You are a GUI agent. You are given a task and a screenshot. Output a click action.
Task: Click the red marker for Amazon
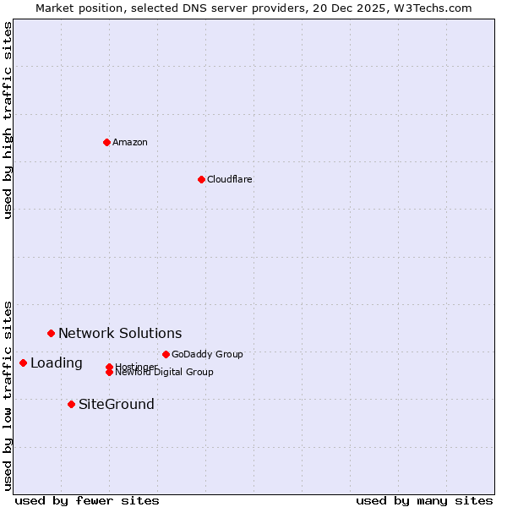click(106, 142)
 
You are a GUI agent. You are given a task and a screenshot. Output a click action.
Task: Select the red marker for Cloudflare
click(201, 179)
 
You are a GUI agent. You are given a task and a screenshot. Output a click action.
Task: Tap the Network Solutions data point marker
click(51, 333)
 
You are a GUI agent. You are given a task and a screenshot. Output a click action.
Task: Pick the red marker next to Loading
click(23, 363)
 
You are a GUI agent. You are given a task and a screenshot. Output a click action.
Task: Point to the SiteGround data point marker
click(71, 404)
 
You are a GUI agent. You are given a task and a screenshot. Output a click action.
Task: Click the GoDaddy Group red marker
click(166, 354)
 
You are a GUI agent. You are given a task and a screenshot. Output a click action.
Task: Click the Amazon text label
click(130, 142)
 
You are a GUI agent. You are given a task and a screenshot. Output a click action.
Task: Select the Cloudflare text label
click(230, 179)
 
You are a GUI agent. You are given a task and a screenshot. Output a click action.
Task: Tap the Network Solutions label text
click(120, 333)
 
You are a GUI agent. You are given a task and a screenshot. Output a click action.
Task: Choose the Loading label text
click(57, 363)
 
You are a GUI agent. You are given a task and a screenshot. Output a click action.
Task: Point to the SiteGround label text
click(117, 404)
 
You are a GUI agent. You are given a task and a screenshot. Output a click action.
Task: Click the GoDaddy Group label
click(207, 354)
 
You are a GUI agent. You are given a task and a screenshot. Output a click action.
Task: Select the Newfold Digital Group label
click(165, 372)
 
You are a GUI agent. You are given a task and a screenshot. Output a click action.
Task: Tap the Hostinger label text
click(137, 366)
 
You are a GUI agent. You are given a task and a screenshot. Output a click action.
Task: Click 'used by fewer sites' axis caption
click(87, 500)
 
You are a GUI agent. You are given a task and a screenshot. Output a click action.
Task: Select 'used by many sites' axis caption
click(424, 500)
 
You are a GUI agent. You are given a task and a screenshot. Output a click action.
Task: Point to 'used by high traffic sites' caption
click(8, 120)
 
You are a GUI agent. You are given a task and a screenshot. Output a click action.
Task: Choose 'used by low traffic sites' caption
click(8, 395)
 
